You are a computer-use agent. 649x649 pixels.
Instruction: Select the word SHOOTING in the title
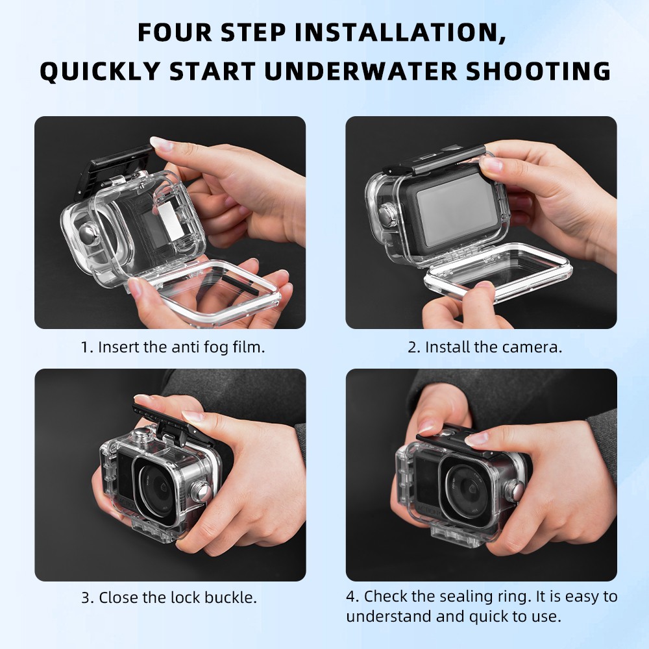547,71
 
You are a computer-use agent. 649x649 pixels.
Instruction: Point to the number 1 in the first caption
85,347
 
